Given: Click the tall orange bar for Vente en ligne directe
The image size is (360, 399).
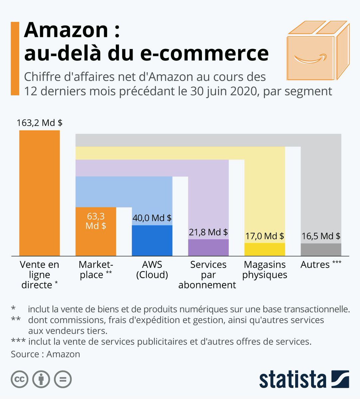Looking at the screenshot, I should coord(39,193).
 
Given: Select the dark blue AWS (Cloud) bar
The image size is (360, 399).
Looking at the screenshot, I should coord(152,240).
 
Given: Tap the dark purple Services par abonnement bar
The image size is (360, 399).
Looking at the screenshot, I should coord(208,247).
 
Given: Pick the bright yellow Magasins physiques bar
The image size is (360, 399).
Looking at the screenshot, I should coord(265,249).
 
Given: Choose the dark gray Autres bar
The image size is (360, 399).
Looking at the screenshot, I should coord(321,249).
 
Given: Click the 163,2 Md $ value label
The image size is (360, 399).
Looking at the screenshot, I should coord(40,123).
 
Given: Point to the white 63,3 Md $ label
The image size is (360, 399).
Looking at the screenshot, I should coord(96,221).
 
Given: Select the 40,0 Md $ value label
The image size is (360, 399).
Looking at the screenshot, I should coord(152,218).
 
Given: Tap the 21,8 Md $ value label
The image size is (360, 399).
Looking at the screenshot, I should coord(208,232).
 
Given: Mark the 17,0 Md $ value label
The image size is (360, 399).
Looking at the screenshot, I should coord(265,236).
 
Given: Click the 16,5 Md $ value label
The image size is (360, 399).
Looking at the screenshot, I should coord(321,236).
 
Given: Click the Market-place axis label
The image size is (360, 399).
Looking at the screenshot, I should coord(96,270).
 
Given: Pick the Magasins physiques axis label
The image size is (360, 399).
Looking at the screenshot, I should coord(265,270).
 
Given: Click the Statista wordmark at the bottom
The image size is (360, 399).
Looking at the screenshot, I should coord(293,379).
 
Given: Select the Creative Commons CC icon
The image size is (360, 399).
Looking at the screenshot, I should coord(19,379).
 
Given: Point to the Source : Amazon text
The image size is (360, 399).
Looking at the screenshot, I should coord(46,354).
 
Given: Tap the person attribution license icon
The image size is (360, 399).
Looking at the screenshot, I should coord(41,379).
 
